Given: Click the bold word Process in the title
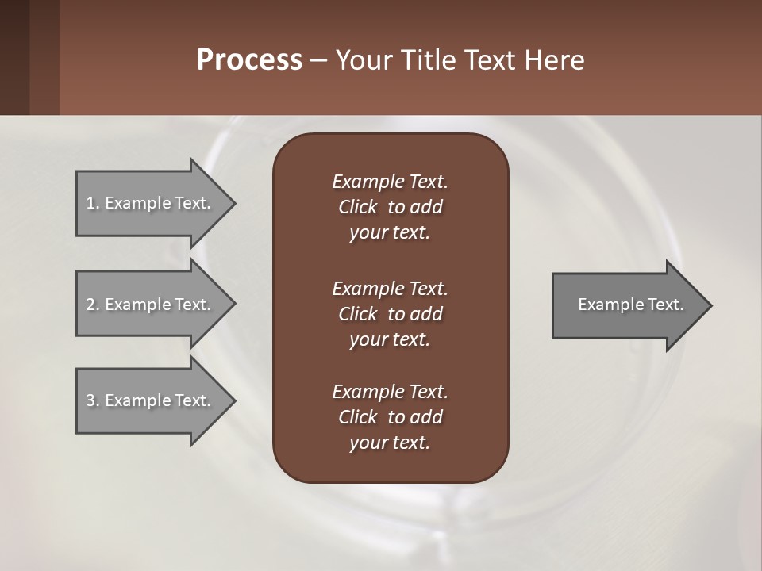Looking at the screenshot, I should click(249, 60).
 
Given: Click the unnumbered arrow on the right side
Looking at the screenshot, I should click(631, 305).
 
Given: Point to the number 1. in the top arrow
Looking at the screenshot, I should click(92, 203).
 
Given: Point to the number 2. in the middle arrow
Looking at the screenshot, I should click(92, 305).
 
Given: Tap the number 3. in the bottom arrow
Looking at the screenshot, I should click(92, 400).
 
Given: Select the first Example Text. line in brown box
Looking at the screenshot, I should click(390, 182).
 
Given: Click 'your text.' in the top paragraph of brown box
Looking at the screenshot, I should click(390, 233).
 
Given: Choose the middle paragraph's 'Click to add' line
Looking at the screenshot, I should click(390, 314).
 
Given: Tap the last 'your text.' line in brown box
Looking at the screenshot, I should click(390, 443).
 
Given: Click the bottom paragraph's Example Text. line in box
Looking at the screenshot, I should click(390, 392).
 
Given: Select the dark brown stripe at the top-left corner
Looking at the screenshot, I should click(14, 57).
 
